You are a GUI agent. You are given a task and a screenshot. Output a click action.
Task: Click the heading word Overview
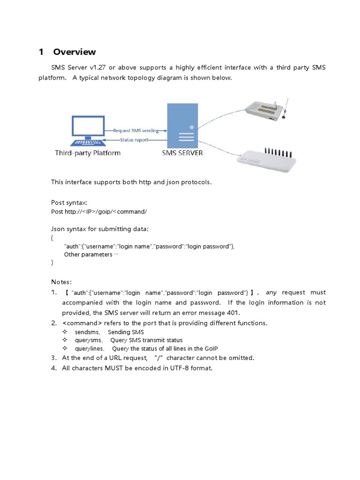coord(75,52)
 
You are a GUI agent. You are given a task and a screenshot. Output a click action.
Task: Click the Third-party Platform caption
coord(88,153)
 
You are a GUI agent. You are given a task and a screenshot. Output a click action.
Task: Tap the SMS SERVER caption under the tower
coord(182,153)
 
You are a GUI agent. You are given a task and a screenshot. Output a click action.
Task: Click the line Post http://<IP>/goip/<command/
coord(99,211)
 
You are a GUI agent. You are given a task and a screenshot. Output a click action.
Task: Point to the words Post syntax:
coord(69,202)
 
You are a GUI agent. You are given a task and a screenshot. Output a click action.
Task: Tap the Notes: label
coord(61,282)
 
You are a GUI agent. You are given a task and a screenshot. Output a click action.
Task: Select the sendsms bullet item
coord(87,332)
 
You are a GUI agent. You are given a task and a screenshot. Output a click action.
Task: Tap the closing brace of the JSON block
coord(52,263)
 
